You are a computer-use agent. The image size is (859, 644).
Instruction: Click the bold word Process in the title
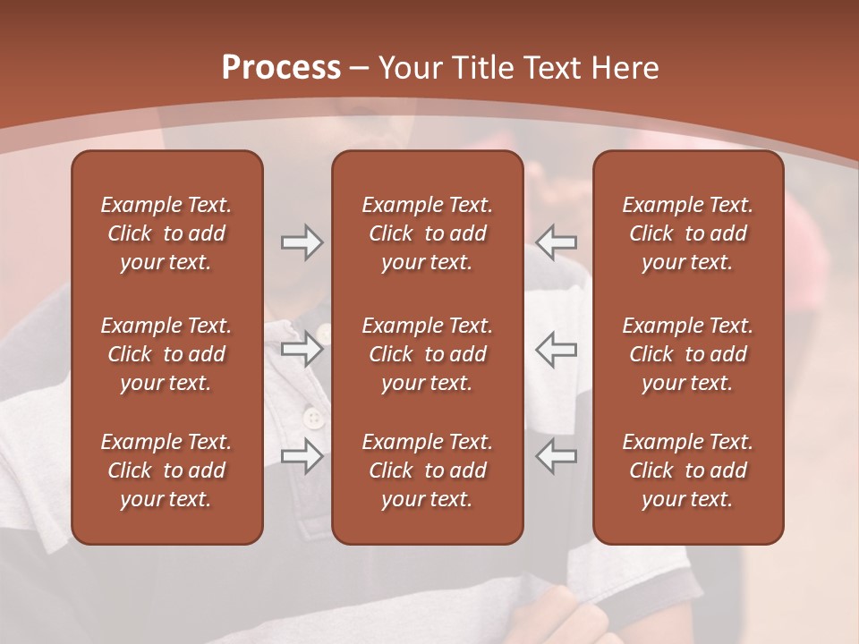point(281,68)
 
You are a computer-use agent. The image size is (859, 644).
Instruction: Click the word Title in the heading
point(481,68)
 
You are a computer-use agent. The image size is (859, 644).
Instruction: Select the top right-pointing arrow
point(302,242)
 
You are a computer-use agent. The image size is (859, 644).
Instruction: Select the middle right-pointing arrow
point(302,349)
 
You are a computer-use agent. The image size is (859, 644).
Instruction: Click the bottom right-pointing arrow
point(302,456)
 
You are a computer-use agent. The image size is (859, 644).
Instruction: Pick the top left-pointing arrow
point(557,242)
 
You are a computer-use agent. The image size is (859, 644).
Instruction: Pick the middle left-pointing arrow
point(557,349)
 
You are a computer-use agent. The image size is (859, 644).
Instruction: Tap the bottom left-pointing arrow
point(557,456)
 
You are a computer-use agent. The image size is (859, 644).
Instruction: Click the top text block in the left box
point(166,233)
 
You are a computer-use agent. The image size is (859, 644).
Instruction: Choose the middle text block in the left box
point(166,354)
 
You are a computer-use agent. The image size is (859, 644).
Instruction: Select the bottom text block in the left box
point(166,470)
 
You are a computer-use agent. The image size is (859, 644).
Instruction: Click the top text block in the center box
point(428,233)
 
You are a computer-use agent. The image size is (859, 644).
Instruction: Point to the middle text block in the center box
point(428,354)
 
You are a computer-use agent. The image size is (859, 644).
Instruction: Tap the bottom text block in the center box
point(428,470)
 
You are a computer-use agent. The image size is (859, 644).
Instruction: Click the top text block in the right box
point(688,233)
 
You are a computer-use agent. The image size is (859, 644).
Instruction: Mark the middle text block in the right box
point(688,354)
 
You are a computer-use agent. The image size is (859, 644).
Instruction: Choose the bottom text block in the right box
point(688,470)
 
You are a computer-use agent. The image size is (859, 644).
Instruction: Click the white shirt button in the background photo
point(312,418)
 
